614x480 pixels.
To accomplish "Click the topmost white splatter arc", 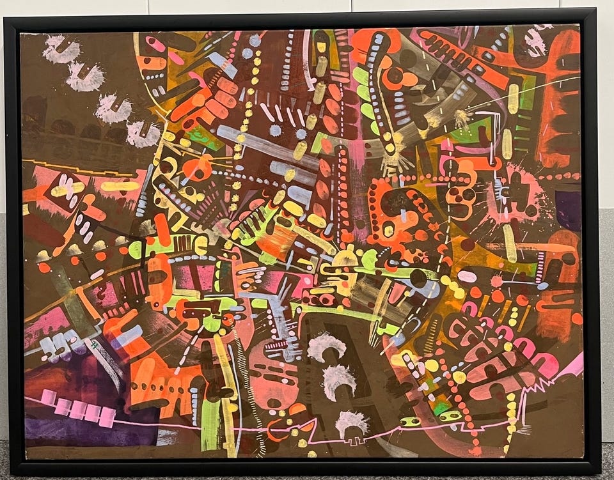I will tap(62, 49).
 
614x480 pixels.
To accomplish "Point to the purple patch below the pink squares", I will tap(77, 435).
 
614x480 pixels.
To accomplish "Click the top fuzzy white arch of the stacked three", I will tap(327, 346).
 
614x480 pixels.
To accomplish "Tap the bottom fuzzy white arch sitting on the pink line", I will tap(352, 422).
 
